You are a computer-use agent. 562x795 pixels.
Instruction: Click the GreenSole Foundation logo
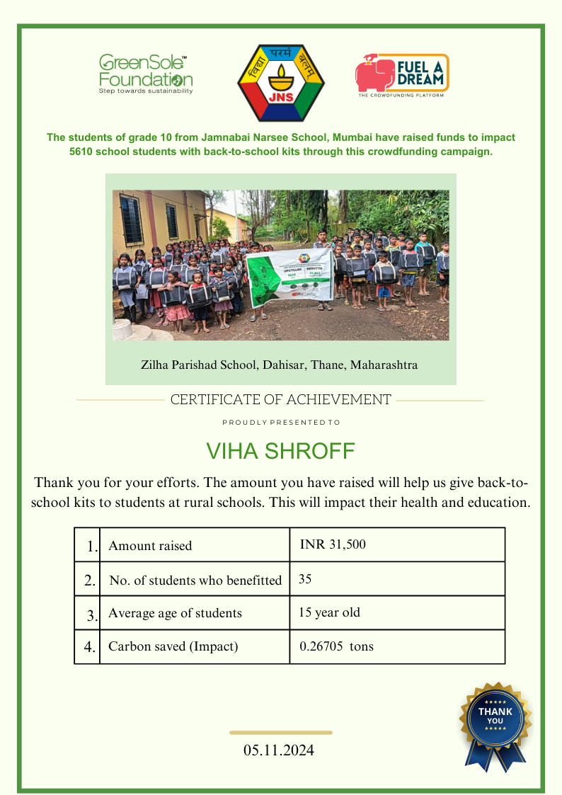[145, 74]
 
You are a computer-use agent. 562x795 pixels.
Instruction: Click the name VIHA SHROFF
[280, 452]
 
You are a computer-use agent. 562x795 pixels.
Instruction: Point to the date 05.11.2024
[279, 750]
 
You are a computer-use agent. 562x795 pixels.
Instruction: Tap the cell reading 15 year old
[329, 612]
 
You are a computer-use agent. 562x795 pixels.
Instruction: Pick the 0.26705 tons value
[336, 646]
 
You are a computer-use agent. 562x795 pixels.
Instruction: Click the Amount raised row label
[150, 546]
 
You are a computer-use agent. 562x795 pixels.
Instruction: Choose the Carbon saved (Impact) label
[173, 646]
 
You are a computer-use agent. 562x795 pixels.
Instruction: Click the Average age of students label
[175, 613]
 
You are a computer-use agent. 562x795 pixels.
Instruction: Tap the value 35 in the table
[305, 579]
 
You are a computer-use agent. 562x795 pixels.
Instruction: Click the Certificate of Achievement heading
[280, 400]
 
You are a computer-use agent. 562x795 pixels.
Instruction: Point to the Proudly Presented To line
[281, 423]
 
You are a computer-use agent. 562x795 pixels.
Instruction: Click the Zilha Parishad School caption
[280, 365]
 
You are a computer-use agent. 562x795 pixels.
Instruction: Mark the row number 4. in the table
[90, 646]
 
